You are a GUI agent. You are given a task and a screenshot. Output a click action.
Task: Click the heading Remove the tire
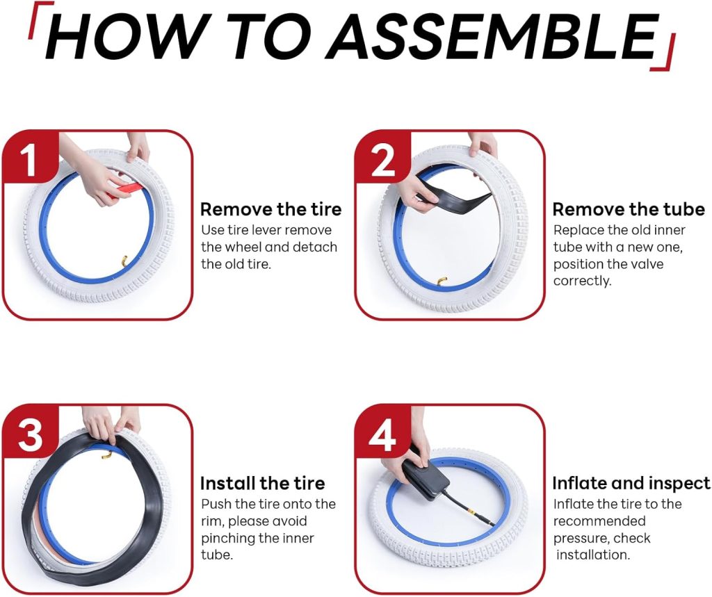click(270, 209)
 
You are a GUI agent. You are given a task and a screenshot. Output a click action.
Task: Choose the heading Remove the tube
click(629, 209)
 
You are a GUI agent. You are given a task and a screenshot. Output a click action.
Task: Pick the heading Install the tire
click(262, 483)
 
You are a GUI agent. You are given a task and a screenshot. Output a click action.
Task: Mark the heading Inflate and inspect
click(631, 484)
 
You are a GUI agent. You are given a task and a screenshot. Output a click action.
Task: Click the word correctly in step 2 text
click(582, 281)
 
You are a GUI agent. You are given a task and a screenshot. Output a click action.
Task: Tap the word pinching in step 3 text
click(228, 539)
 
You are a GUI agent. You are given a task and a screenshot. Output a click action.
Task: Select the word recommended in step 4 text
click(599, 521)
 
